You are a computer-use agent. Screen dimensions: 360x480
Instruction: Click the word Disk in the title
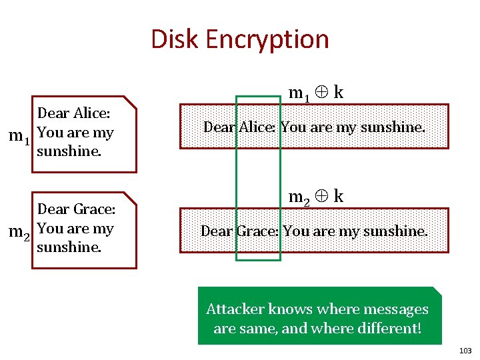tap(175, 39)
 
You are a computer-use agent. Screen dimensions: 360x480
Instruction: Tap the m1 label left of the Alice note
tap(19, 137)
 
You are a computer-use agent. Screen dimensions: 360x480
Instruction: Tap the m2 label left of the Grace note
tap(19, 233)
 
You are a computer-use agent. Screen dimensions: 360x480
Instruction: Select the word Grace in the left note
tap(95, 209)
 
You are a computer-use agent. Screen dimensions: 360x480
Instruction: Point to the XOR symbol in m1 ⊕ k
tap(321, 93)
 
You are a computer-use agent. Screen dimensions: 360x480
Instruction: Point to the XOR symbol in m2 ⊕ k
tap(321, 197)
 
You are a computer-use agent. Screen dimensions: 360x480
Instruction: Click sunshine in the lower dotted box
tap(394, 231)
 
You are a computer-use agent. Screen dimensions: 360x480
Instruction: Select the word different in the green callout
tap(390, 329)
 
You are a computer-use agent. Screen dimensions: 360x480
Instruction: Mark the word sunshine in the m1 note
tap(69, 151)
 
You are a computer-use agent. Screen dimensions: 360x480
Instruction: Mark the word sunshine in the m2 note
tap(69, 247)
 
